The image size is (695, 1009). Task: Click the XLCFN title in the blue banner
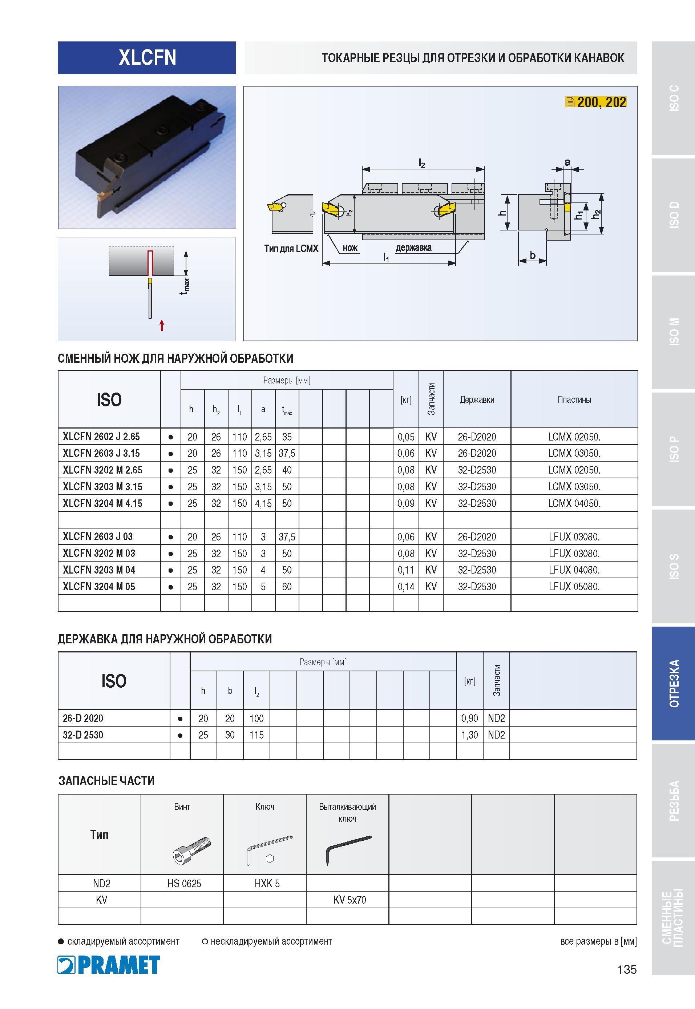tap(147, 57)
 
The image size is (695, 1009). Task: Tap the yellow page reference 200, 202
tap(596, 102)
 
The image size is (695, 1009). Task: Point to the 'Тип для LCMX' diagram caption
tap(291, 248)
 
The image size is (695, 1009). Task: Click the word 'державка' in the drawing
tap(413, 248)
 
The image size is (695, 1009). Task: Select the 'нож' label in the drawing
tap(350, 248)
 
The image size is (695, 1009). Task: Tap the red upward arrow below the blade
tap(162, 325)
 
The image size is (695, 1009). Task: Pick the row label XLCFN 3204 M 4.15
tap(102, 503)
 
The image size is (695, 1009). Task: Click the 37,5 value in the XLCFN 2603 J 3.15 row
tap(287, 453)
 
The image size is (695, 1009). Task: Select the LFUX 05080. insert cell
tap(574, 586)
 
